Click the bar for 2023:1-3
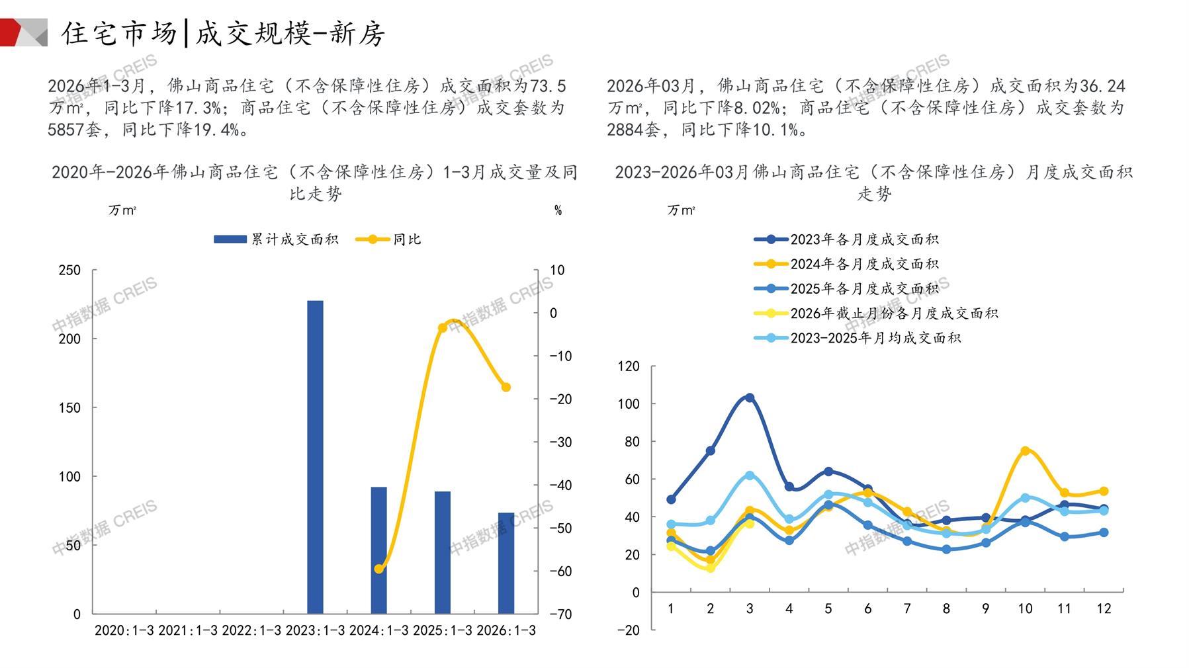coord(315,456)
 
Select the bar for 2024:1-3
coord(378,550)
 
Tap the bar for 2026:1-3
coord(506,563)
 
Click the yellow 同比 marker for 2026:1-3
coord(506,387)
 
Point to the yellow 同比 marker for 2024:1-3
coord(378,569)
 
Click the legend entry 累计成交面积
coord(276,239)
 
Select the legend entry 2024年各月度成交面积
coord(846,264)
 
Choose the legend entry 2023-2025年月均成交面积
coord(857,338)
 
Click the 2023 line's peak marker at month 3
coord(750,397)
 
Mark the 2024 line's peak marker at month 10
coord(1025,450)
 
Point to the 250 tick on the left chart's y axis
coord(69,270)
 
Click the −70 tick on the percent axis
coord(560,614)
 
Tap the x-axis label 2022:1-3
coord(251,630)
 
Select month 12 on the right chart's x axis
coord(1104,608)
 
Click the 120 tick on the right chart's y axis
coord(629,366)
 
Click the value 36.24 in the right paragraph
coord(1102,86)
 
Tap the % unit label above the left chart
coord(558,210)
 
